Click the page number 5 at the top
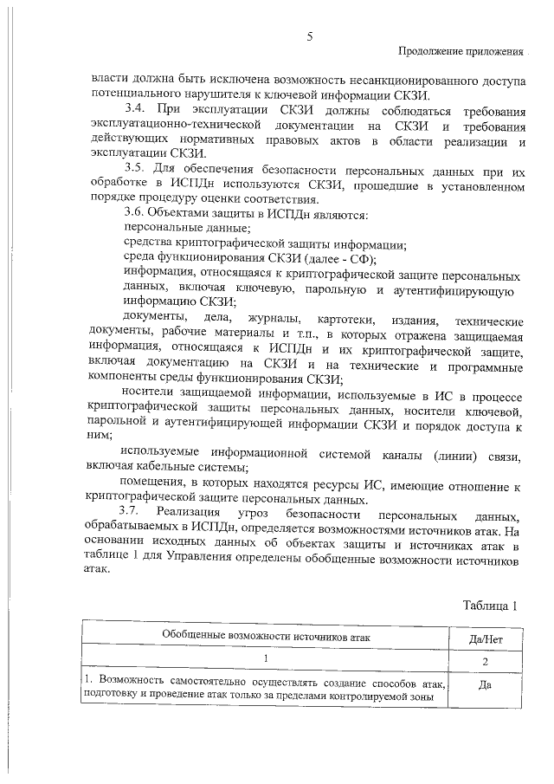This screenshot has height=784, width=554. (309, 36)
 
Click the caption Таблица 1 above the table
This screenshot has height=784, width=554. (490, 606)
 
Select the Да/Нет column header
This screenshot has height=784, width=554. (486, 637)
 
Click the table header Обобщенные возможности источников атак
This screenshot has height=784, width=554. (267, 637)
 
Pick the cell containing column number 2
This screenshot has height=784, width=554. (486, 662)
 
